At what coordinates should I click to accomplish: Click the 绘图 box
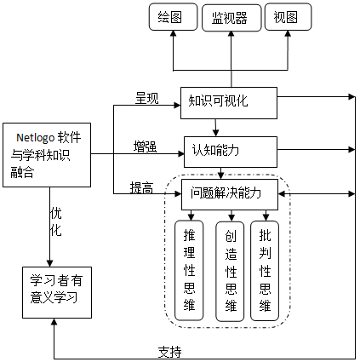pyautogui.click(x=170, y=17)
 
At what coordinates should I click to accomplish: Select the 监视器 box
pyautogui.click(x=230, y=17)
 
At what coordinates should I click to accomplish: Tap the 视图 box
pyautogui.click(x=286, y=17)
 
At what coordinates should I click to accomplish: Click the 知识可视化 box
pyautogui.click(x=229, y=101)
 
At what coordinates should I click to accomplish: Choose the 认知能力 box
pyautogui.click(x=231, y=151)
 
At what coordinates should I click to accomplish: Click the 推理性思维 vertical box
pyautogui.click(x=189, y=270)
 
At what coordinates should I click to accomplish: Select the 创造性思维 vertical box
pyautogui.click(x=230, y=270)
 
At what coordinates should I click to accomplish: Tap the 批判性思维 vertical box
pyautogui.click(x=266, y=270)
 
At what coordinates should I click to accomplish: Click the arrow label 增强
pyautogui.click(x=145, y=146)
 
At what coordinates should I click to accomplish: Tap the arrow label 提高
pyautogui.click(x=141, y=187)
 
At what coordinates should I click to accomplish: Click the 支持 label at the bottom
pyautogui.click(x=169, y=351)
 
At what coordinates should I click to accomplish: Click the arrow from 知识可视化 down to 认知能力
pyautogui.click(x=216, y=126)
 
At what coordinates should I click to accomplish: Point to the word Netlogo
pyautogui.click(x=35, y=135)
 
